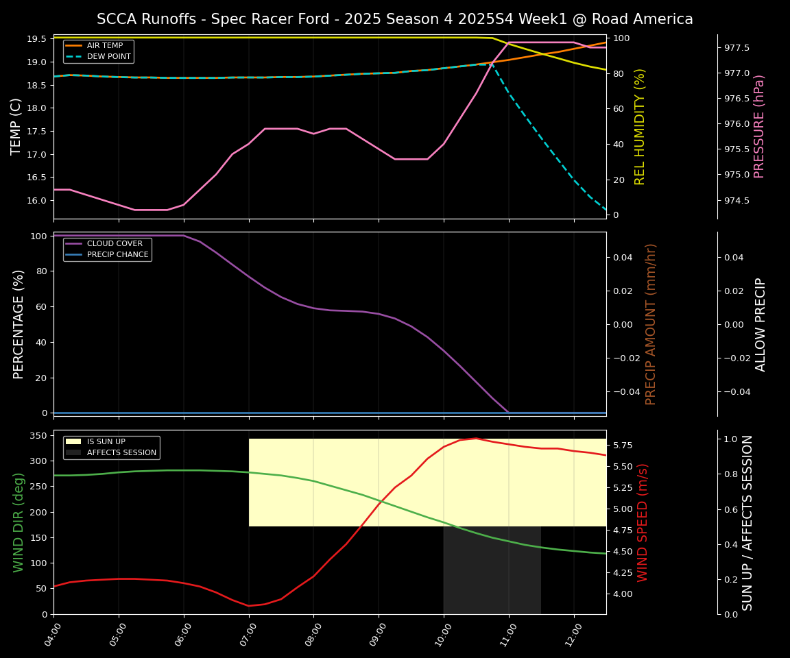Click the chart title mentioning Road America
coord(394,19)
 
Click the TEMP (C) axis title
coord(16,126)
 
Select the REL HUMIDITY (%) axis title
coord(640,126)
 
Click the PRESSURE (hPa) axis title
coord(759,126)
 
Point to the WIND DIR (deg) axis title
coord(19,522)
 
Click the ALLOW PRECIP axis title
coord(761,324)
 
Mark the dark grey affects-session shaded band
coord(492,569)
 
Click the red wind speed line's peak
coord(476,438)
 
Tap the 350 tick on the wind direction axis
coord(40,435)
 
